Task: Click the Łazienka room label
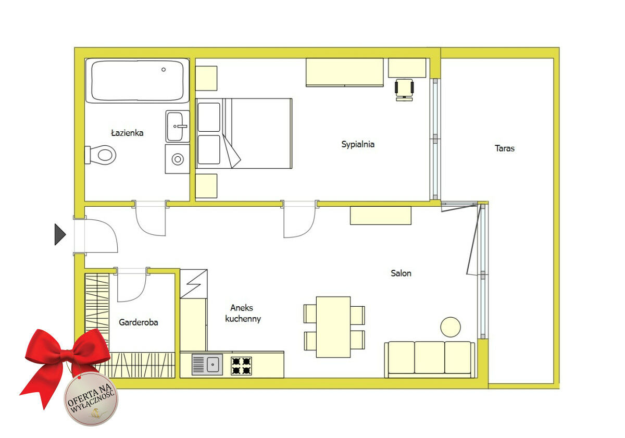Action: pyautogui.click(x=127, y=133)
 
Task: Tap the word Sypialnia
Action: pyautogui.click(x=358, y=144)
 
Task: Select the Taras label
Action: pyautogui.click(x=505, y=148)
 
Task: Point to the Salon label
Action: pyautogui.click(x=401, y=273)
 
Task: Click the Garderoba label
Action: pyautogui.click(x=139, y=322)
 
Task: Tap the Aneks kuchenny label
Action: pyautogui.click(x=243, y=313)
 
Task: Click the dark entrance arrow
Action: pyautogui.click(x=60, y=234)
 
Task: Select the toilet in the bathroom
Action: pyautogui.click(x=101, y=155)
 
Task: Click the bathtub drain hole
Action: pyautogui.click(x=164, y=69)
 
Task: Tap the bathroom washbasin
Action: pyautogui.click(x=177, y=127)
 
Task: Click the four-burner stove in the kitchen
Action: pyautogui.click(x=241, y=366)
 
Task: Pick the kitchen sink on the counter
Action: pyautogui.click(x=207, y=365)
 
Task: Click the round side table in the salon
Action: pyautogui.click(x=451, y=327)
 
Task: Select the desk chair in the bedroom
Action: pyautogui.click(x=404, y=89)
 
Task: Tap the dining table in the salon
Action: pyautogui.click(x=333, y=327)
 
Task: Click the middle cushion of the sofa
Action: pyautogui.click(x=429, y=357)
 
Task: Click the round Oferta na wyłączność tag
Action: pyautogui.click(x=91, y=399)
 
